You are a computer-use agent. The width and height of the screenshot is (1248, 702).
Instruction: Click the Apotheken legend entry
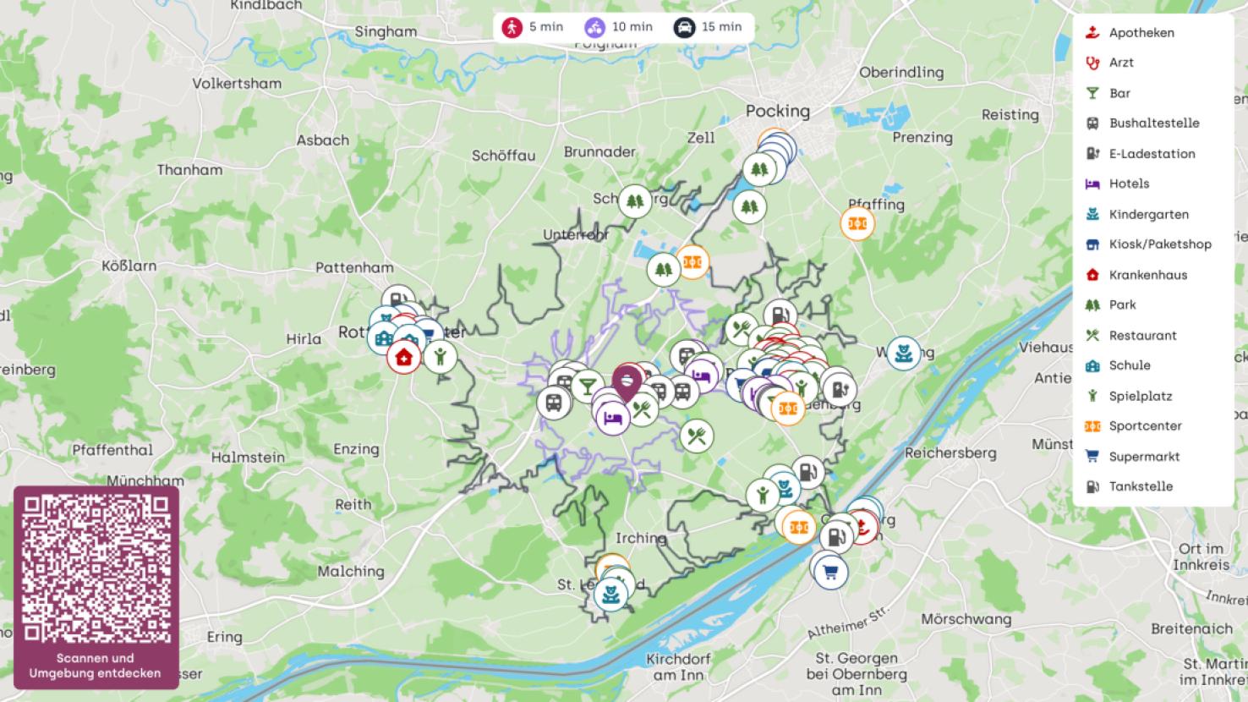click(x=1141, y=33)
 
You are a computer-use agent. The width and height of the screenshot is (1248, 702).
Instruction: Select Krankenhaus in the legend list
click(x=1147, y=275)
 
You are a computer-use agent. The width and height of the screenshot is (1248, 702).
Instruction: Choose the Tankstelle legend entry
click(x=1141, y=486)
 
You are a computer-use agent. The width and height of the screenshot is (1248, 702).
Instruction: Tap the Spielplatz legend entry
click(x=1140, y=396)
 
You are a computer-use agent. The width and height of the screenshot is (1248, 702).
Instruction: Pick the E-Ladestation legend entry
click(x=1152, y=154)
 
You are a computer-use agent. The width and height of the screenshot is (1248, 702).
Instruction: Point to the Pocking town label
click(x=777, y=111)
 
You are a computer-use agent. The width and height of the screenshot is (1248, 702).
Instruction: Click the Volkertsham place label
click(x=236, y=83)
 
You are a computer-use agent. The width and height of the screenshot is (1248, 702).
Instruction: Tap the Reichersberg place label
click(x=950, y=452)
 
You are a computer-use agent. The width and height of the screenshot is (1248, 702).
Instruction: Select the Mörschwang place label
click(x=966, y=619)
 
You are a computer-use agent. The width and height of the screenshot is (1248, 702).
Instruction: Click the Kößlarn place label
click(x=129, y=266)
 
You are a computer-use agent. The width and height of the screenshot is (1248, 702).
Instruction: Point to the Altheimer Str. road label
click(x=849, y=622)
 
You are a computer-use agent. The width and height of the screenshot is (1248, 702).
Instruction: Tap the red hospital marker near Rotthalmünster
click(x=404, y=357)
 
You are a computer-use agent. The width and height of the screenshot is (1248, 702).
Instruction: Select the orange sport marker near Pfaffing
click(x=857, y=223)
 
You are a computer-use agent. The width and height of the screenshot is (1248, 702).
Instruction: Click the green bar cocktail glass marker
click(x=586, y=387)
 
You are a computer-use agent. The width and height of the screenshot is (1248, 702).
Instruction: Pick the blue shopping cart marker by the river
click(x=830, y=573)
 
